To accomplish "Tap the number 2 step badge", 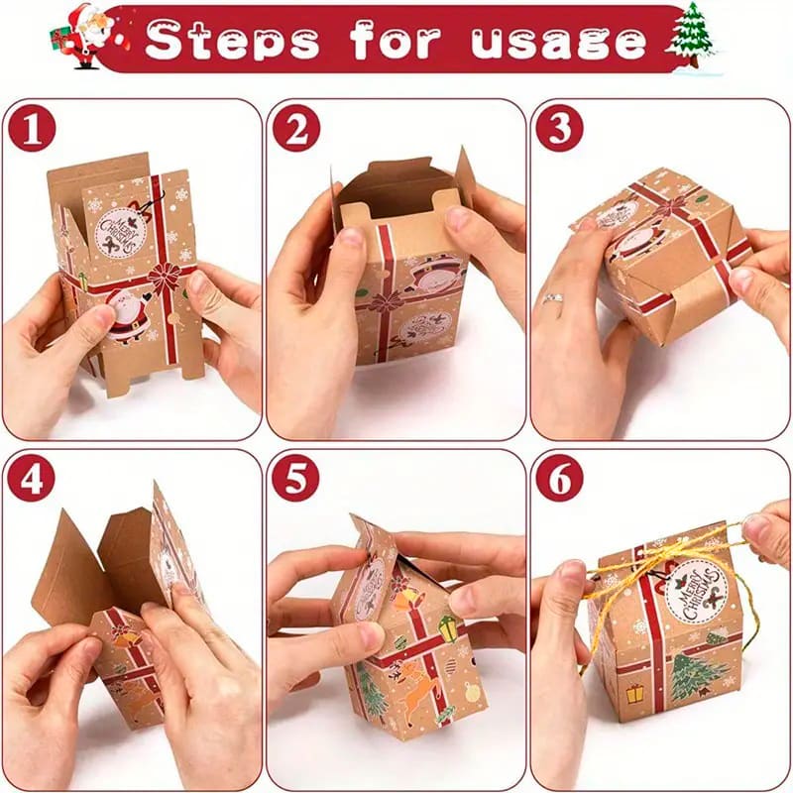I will [x=294, y=130].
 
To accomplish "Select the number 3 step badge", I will [x=559, y=130].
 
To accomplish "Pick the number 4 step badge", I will [x=32, y=480].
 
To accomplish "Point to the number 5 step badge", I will [x=294, y=480].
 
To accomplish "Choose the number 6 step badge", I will [x=559, y=480].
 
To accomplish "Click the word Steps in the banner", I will [x=233, y=41].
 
